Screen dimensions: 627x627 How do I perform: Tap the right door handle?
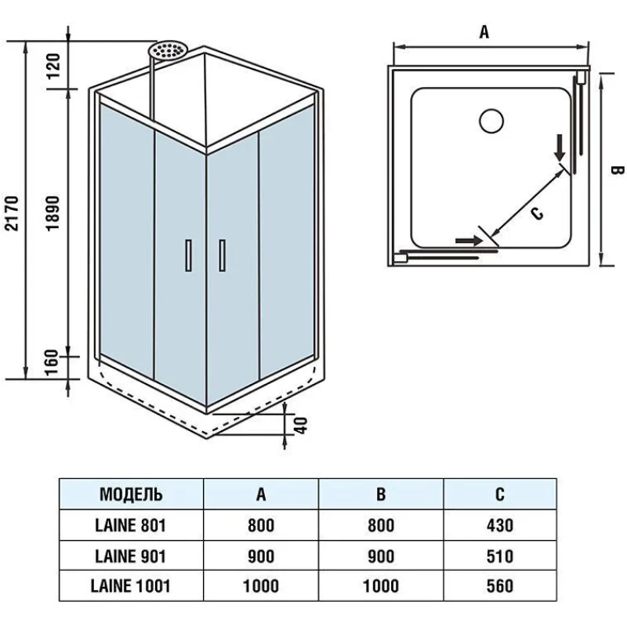(223, 256)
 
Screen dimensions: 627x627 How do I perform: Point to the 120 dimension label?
(54, 67)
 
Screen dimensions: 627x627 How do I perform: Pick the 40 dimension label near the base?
(300, 425)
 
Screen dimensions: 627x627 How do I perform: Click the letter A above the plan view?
(484, 32)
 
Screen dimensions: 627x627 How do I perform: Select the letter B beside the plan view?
(616, 171)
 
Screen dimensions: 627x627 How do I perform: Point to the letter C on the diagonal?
(536, 212)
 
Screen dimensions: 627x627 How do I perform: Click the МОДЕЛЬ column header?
(132, 494)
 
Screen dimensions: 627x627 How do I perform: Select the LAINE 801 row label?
(132, 524)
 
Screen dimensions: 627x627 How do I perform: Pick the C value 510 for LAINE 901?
(499, 556)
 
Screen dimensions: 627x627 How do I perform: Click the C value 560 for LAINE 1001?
(499, 585)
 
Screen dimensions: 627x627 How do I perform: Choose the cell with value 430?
(499, 524)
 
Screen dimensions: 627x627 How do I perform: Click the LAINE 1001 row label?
(132, 585)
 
